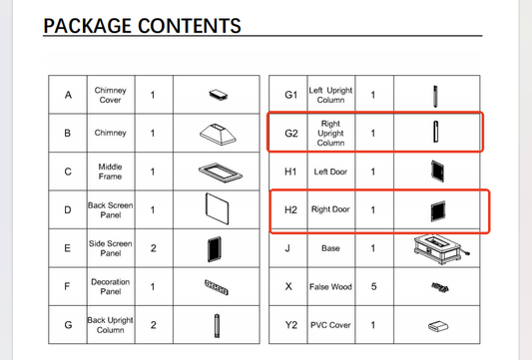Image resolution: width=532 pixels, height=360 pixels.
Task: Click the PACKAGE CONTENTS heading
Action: pyautogui.click(x=142, y=25)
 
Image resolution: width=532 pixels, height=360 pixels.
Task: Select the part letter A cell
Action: pyautogui.click(x=68, y=95)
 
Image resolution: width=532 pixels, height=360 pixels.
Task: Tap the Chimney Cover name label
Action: pyautogui.click(x=110, y=95)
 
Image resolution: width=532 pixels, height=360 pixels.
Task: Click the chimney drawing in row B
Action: pyautogui.click(x=218, y=135)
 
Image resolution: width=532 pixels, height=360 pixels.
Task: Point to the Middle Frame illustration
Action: pyautogui.click(x=221, y=173)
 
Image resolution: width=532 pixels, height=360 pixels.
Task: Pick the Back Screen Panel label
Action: pyautogui.click(x=110, y=210)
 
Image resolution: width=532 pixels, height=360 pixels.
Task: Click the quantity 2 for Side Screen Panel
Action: pyautogui.click(x=154, y=248)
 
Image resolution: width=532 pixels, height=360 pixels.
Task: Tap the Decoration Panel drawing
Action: pyautogui.click(x=217, y=287)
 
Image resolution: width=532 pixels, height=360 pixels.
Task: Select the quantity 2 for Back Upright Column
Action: pyautogui.click(x=154, y=325)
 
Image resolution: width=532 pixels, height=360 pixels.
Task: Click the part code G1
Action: pyautogui.click(x=290, y=95)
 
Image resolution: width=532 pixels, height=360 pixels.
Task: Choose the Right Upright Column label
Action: pyautogui.click(x=330, y=134)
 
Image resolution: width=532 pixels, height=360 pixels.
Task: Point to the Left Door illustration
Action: pyautogui.click(x=438, y=172)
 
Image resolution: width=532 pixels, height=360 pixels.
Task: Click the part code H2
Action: pyautogui.click(x=290, y=210)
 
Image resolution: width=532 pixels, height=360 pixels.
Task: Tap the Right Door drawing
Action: pyautogui.click(x=438, y=211)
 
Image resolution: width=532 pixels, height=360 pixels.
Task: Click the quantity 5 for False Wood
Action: pyautogui.click(x=373, y=287)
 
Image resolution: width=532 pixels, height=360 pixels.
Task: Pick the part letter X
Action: pyautogui.click(x=288, y=287)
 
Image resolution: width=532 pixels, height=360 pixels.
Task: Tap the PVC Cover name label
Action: pyautogui.click(x=330, y=325)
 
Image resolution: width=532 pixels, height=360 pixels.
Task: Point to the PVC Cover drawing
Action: pyautogui.click(x=438, y=326)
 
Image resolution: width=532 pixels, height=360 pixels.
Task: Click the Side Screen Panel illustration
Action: pyautogui.click(x=215, y=249)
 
